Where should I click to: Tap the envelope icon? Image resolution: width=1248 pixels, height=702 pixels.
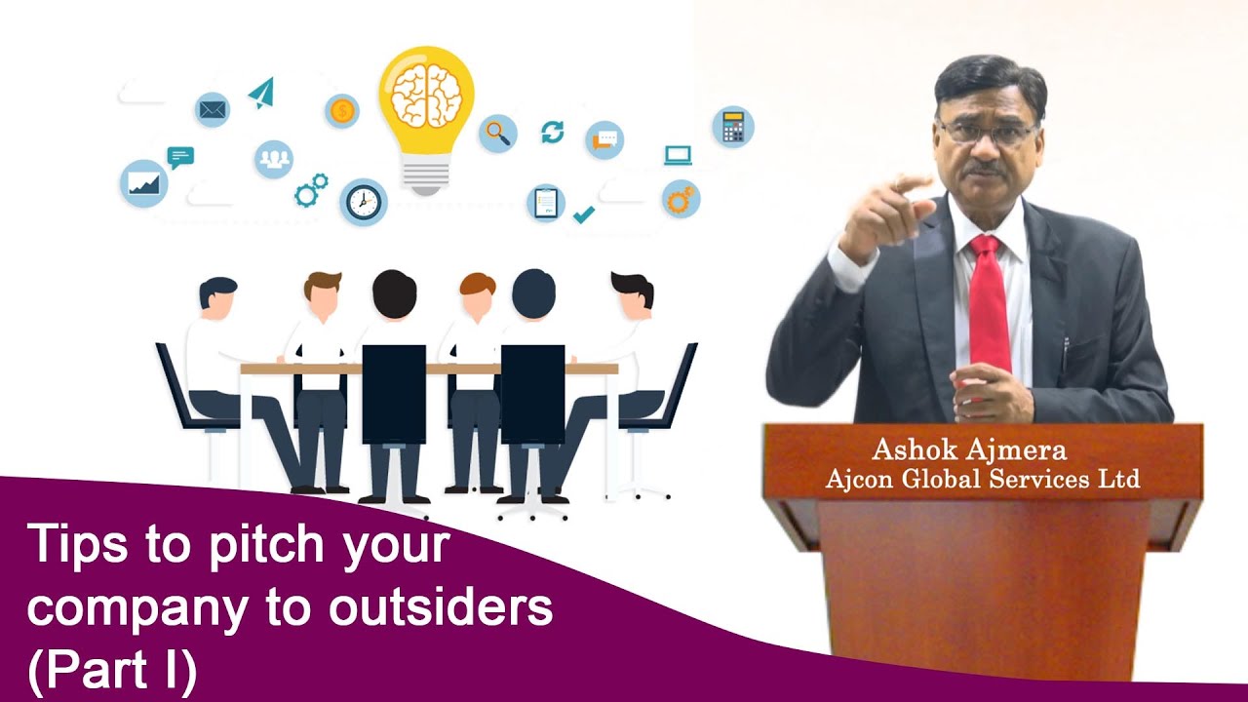(x=212, y=110)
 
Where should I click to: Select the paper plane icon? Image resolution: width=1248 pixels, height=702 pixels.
(x=261, y=93)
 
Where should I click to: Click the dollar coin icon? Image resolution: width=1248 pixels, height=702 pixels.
(x=341, y=111)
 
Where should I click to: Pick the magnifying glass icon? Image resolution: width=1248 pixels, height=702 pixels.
(x=498, y=133)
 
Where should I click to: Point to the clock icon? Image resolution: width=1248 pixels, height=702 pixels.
(x=364, y=202)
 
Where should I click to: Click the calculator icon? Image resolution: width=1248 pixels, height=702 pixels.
(x=732, y=128)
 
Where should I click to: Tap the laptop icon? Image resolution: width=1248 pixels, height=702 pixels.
(x=678, y=155)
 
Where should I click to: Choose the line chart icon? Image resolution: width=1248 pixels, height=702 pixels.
(x=143, y=183)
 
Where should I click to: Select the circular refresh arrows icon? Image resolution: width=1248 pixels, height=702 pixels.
(x=553, y=132)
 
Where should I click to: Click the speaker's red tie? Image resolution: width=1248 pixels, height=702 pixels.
(x=989, y=303)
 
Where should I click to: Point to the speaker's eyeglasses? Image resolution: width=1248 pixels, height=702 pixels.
(x=985, y=133)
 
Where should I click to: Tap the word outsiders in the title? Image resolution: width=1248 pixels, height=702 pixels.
(x=440, y=608)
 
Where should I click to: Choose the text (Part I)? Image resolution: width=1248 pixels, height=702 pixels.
(x=112, y=670)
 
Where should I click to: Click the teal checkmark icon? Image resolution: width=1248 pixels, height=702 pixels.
(x=583, y=214)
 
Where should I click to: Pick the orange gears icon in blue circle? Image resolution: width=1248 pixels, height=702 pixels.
(x=680, y=199)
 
